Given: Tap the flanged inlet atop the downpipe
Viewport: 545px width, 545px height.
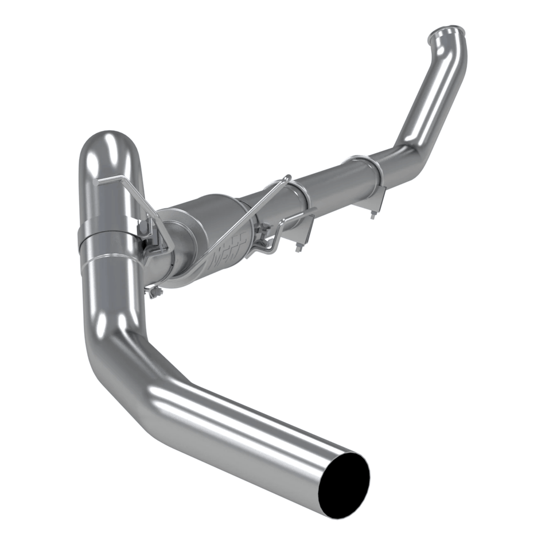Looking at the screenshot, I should (447, 31).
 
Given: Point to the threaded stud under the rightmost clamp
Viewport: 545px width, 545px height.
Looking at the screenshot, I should (372, 214).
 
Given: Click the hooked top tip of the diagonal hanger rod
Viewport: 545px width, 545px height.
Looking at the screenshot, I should (287, 178).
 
